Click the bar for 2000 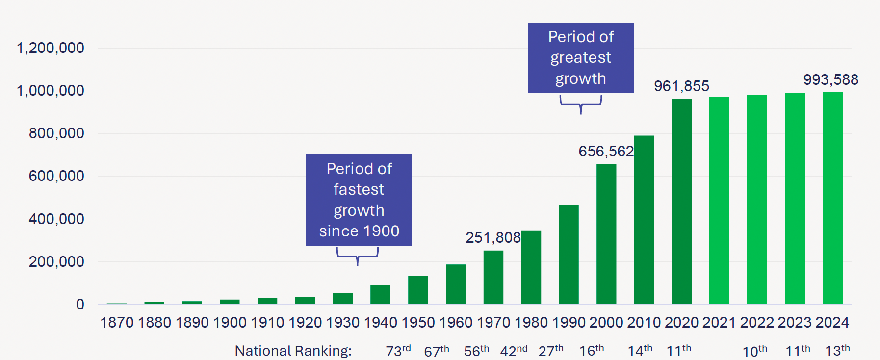(606, 234)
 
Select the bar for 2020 (681, 202)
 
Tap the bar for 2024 (832, 198)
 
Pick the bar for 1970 (493, 277)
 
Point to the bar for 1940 (380, 295)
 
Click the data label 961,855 (681, 86)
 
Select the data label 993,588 (830, 80)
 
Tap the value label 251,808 (493, 238)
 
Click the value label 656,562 (606, 152)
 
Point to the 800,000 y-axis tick (56, 133)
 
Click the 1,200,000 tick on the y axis (51, 48)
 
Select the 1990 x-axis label (569, 323)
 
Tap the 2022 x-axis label (757, 323)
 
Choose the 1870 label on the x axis (117, 323)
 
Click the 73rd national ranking (398, 351)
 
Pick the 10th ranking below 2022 (754, 351)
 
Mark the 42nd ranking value (514, 351)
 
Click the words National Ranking (293, 351)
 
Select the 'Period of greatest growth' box (580, 58)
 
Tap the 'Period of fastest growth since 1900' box (359, 200)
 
